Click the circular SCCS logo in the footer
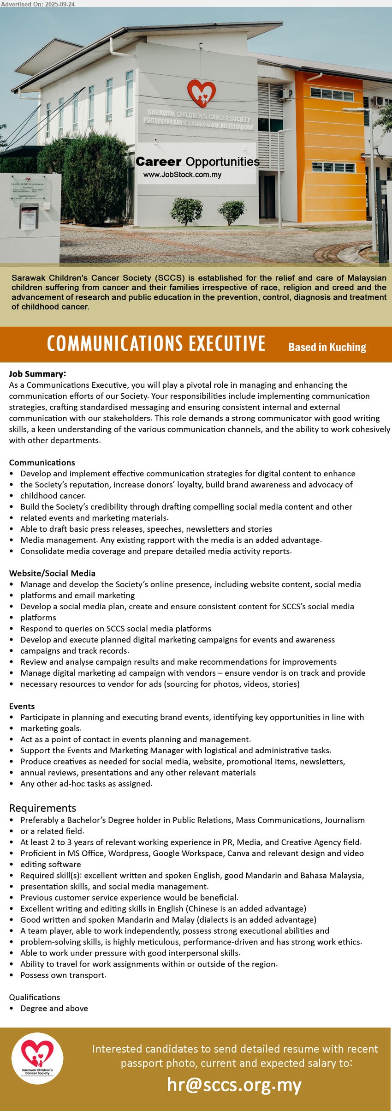pos(37,1058)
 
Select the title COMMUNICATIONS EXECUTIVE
pos(156,344)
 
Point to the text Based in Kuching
pos(327,347)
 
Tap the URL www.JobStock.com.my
pos(182,175)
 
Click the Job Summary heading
pos(37,374)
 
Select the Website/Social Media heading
pos(52,573)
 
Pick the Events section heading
pos(22,706)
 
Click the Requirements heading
pos(42,808)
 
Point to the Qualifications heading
pos(35,997)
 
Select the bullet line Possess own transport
pos(63,975)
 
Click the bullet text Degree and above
pos(54,1008)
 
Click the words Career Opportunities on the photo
pos(197,162)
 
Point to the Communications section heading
pos(42,462)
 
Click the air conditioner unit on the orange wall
pos(284,94)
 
